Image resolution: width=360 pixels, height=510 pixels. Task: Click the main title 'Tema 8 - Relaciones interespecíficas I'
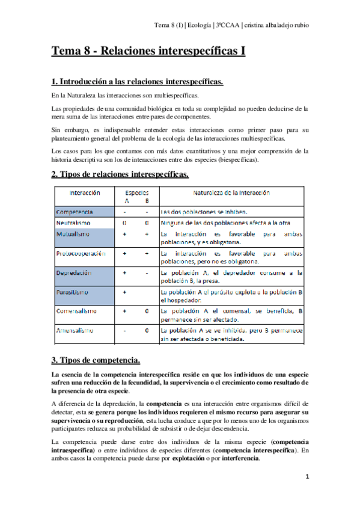[x=148, y=51]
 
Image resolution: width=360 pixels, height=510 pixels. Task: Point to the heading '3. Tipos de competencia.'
[x=96, y=360]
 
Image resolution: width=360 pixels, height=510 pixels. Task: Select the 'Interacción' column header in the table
[x=85, y=194]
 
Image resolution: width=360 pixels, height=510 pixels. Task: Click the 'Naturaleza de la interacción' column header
[x=231, y=194]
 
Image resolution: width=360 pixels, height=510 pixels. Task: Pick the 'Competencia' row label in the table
[x=75, y=212]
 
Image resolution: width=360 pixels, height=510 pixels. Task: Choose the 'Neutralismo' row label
[x=74, y=223]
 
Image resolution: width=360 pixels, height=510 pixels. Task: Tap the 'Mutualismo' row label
[x=74, y=234]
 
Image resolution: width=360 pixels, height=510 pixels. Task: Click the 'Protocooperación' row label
[x=80, y=253]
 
